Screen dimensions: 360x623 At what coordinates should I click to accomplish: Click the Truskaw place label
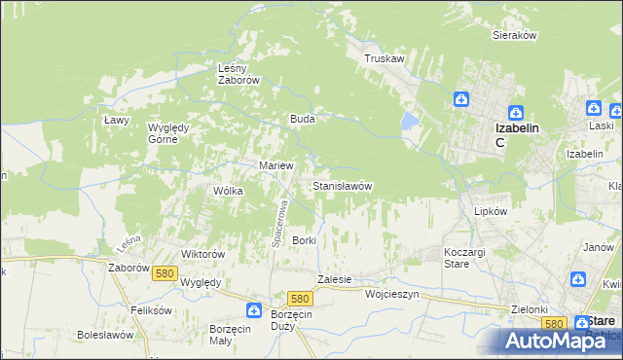pos(384,58)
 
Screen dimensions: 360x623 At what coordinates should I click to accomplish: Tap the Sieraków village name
pos(516,34)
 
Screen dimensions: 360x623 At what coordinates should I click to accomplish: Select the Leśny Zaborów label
pos(238,75)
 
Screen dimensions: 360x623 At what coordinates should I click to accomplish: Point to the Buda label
pos(301,119)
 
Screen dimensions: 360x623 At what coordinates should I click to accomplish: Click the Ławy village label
pos(117,120)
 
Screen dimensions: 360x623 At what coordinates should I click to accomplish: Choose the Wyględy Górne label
pos(173,133)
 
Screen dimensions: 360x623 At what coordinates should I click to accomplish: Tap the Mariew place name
pos(275,165)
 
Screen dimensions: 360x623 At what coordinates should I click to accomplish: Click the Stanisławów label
pos(342,185)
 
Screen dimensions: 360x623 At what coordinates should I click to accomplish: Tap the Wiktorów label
pos(203,254)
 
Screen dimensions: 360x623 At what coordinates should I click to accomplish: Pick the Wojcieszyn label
pos(391,293)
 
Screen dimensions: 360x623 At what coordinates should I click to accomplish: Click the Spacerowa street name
pos(277,223)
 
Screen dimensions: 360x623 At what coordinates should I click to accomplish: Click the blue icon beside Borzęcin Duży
pos(253,310)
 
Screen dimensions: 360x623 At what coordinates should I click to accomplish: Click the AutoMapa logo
pos(560,341)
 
